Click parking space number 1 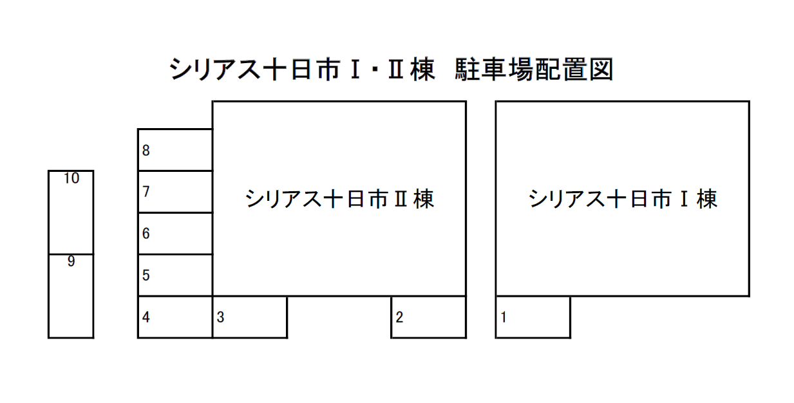(x=533, y=317)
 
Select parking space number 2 (x=428, y=317)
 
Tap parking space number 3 (x=250, y=317)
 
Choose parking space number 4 (x=175, y=317)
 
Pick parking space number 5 (x=175, y=276)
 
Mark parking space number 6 (x=175, y=234)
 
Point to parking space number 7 (x=175, y=192)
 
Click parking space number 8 (x=175, y=150)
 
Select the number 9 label (x=71, y=261)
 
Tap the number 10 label (x=71, y=178)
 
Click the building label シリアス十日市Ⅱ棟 (x=339, y=199)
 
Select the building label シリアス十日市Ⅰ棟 (x=623, y=199)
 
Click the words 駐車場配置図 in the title (x=534, y=70)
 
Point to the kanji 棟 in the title (x=422, y=70)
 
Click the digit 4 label (x=146, y=317)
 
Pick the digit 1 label (x=504, y=317)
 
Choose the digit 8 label (x=146, y=150)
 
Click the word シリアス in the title (x=215, y=70)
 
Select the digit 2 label (x=399, y=317)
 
